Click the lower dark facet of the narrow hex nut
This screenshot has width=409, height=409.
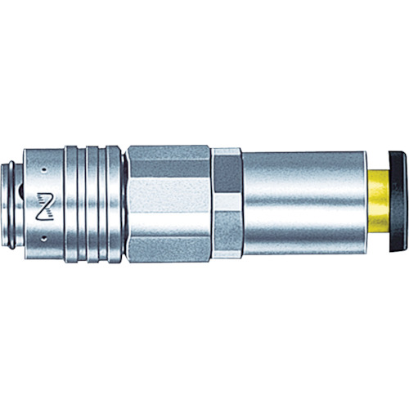pos(226,243)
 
